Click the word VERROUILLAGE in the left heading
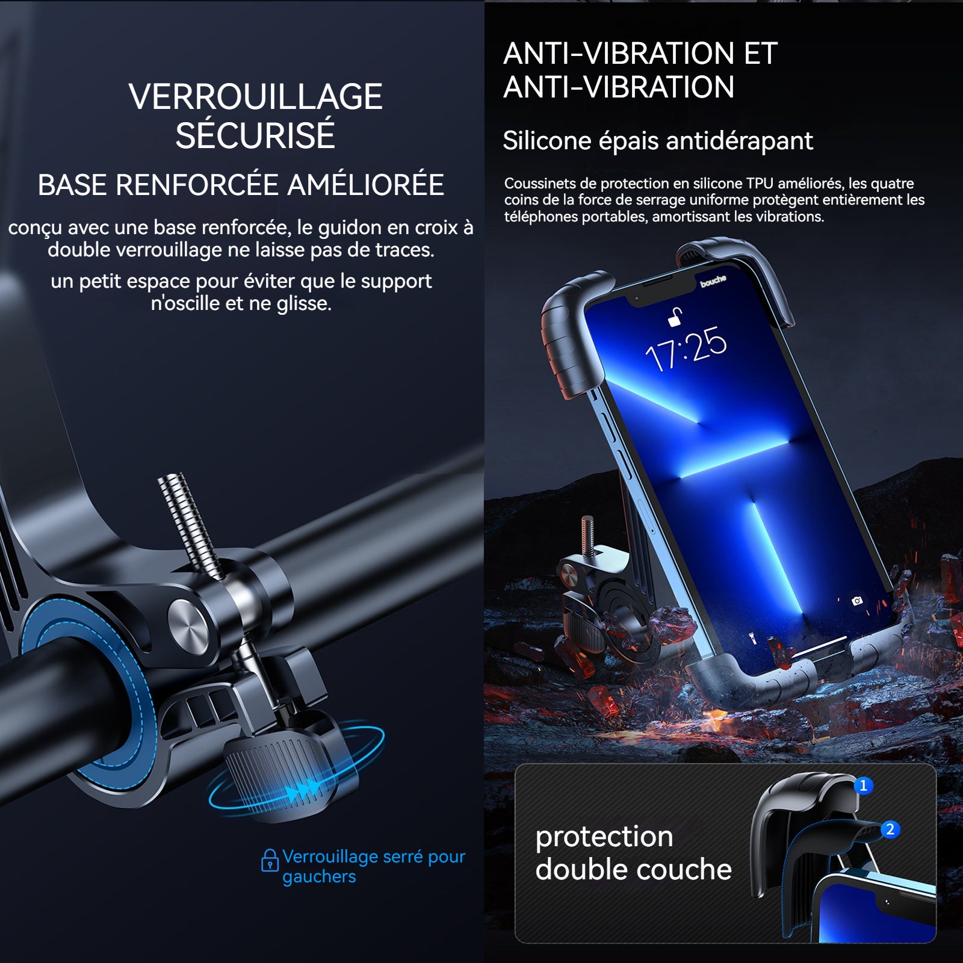pos(256,97)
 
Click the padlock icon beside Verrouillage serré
pos(270,860)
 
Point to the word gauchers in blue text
pos(319,877)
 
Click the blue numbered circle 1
pos(864,785)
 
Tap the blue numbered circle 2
pos(890,829)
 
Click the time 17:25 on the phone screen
pos(686,348)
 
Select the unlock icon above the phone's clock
pos(675,317)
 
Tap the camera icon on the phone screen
pos(857,601)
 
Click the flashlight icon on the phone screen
pos(752,637)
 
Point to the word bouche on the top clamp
pos(713,280)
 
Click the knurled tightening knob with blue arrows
pos(283,770)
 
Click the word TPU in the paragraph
pos(760,183)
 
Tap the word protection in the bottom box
pos(604,838)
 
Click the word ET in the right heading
pos(761,53)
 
